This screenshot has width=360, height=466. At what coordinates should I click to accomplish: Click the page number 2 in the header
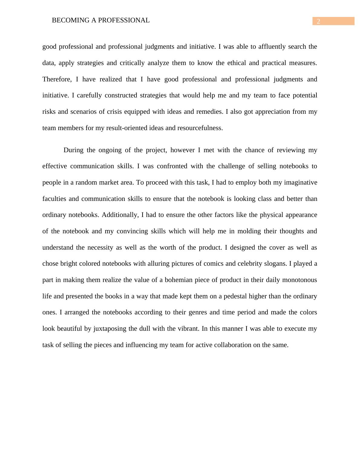tap(318, 21)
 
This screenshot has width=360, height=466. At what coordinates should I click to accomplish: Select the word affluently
tap(272, 47)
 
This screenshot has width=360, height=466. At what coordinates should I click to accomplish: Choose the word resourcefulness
tap(200, 128)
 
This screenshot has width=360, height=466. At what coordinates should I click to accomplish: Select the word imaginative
tap(299, 182)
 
